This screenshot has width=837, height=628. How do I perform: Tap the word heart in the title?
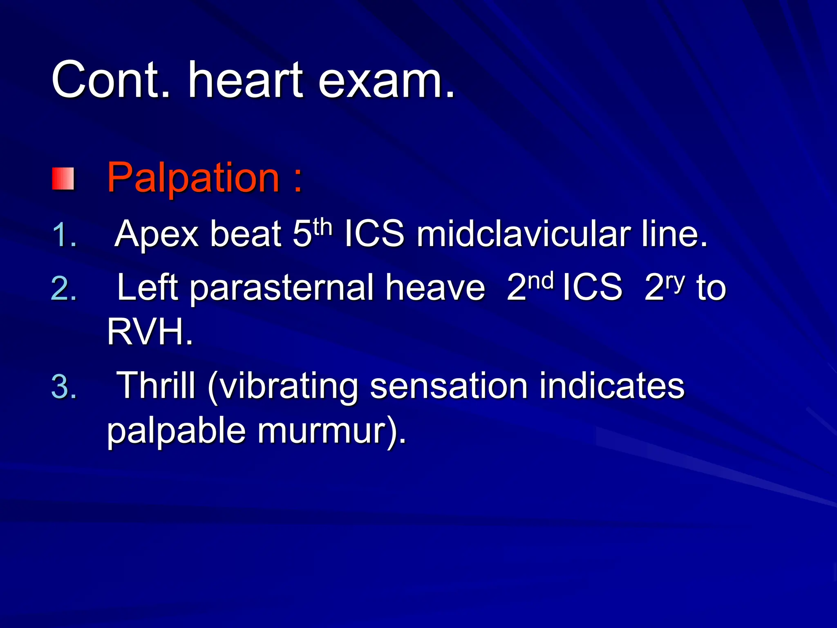245,80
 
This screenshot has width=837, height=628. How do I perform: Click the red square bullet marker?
63,179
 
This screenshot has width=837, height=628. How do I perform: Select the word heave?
435,287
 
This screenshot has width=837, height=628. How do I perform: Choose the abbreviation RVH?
149,332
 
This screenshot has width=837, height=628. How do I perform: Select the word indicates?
611,385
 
